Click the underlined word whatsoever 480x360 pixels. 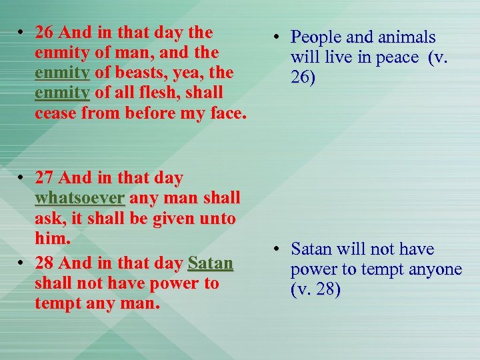coord(80,198)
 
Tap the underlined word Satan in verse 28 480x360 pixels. coord(211,263)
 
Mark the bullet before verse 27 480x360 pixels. coord(22,178)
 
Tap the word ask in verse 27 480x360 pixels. coord(45,218)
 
